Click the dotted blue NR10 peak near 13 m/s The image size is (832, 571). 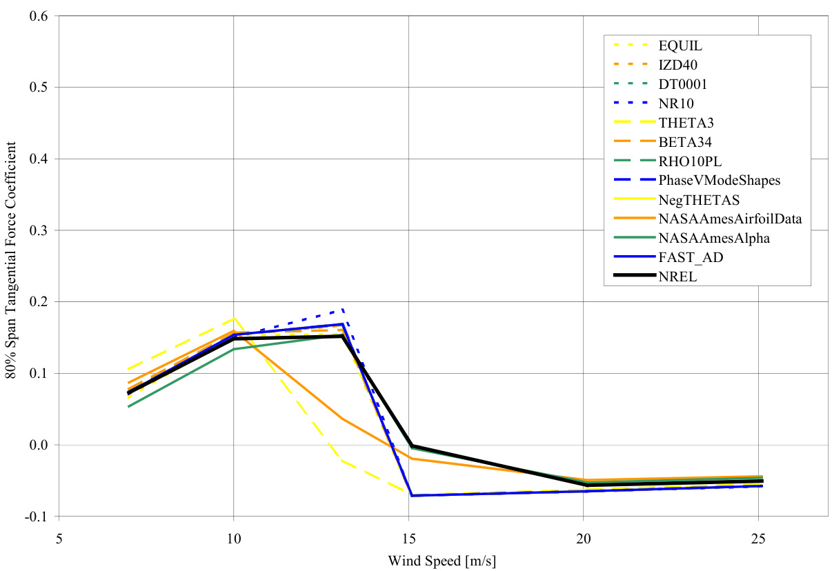tap(342, 310)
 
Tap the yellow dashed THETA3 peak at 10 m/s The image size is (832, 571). tap(234, 318)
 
